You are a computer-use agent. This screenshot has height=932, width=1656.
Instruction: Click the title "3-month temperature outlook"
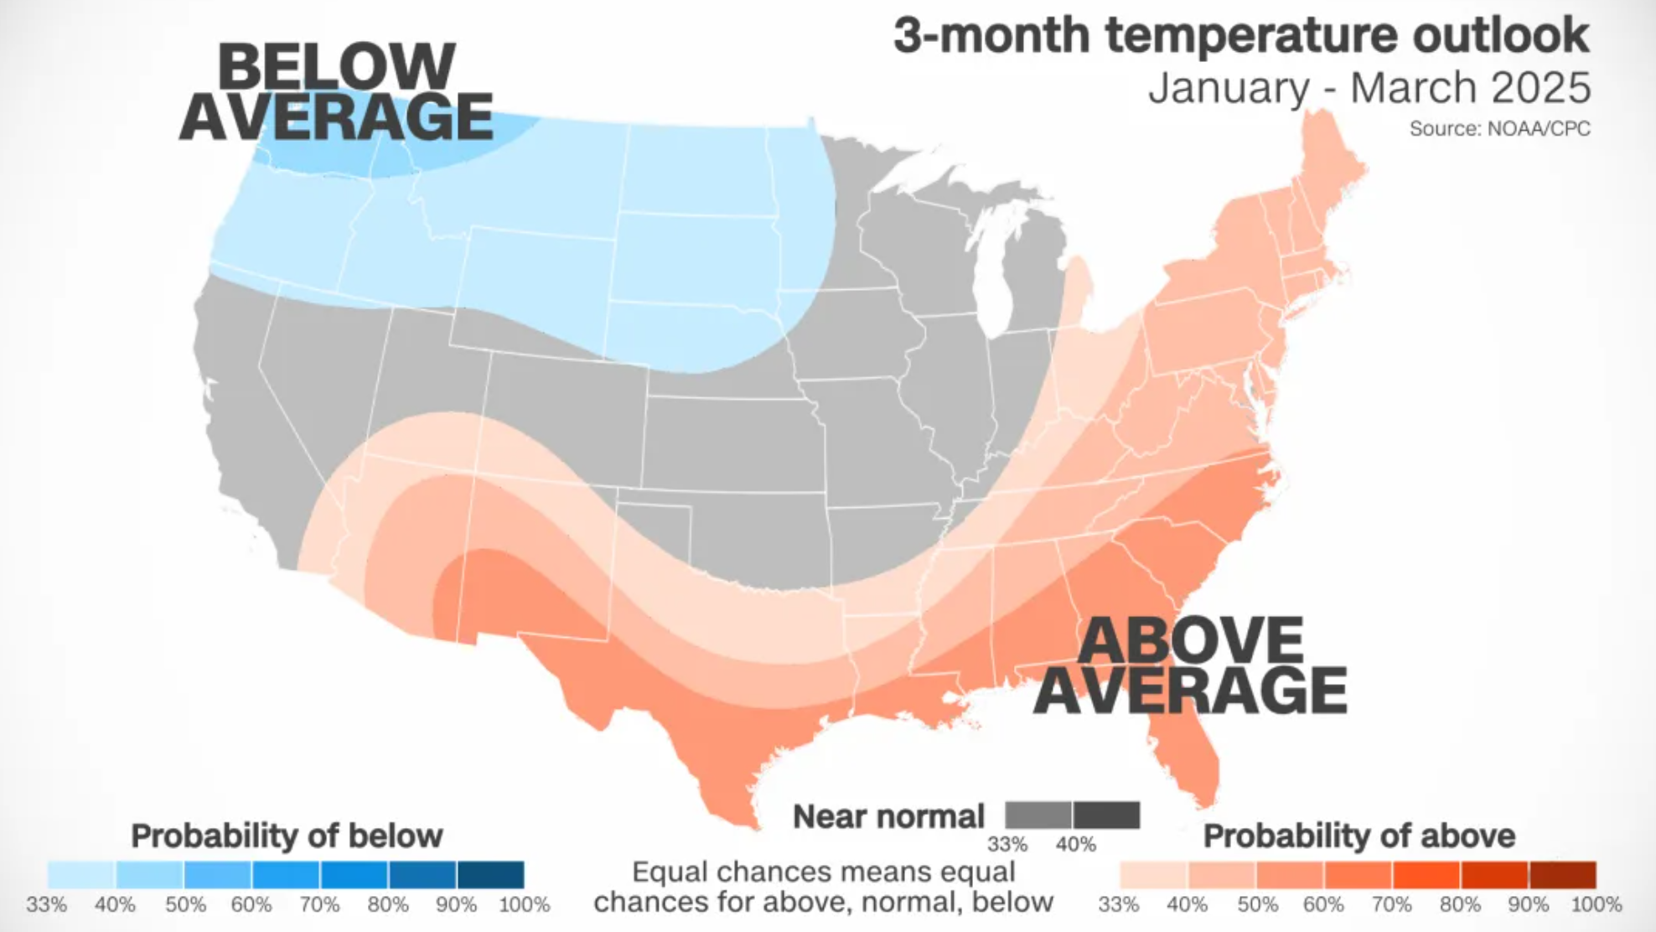click(1240, 37)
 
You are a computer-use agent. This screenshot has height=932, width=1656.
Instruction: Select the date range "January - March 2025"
click(1369, 88)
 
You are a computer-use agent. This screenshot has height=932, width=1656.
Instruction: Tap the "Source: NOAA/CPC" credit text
click(1499, 129)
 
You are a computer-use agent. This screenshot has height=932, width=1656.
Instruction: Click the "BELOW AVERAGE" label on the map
click(335, 92)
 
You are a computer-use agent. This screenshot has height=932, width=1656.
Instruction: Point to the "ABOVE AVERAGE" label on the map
click(1190, 666)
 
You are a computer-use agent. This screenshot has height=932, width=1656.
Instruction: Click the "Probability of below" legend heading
click(287, 836)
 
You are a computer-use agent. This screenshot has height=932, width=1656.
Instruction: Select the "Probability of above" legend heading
click(1358, 836)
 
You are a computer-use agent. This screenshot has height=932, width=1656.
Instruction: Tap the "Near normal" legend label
click(888, 816)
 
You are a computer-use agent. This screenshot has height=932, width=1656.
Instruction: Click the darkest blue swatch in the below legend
click(490, 875)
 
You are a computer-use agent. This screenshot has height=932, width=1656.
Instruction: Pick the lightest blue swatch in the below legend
click(81, 875)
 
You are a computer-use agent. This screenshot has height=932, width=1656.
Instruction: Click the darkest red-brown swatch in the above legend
click(1562, 875)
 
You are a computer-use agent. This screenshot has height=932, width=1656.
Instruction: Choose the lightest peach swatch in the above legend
click(1153, 875)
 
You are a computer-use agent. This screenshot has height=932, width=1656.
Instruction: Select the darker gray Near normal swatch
click(1106, 815)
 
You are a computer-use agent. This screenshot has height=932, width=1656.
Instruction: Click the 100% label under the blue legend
click(524, 905)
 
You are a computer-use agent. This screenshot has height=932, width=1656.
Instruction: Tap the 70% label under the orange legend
click(1392, 905)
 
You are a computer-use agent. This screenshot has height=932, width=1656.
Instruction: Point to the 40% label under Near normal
click(1075, 844)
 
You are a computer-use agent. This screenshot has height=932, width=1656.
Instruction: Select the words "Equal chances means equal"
click(823, 872)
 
